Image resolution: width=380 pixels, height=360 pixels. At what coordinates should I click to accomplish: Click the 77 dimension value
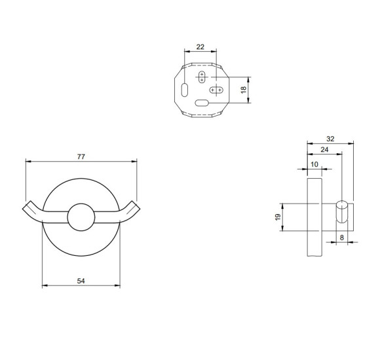click(81, 156)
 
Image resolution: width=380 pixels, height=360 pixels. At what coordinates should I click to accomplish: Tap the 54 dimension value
click(81, 281)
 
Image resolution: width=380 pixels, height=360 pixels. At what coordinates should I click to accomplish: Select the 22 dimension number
click(200, 46)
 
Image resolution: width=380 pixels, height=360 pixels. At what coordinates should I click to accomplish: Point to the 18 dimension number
click(244, 90)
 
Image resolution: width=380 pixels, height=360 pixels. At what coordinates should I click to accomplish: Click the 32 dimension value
click(330, 139)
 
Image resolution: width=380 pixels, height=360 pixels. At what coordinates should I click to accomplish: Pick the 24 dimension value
click(324, 150)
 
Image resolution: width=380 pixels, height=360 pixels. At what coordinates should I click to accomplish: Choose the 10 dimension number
click(314, 164)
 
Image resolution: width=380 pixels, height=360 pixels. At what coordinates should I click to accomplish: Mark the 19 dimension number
click(278, 217)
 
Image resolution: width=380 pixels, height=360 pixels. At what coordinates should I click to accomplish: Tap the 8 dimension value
click(342, 238)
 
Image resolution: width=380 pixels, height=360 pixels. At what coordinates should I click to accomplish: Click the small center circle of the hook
click(81, 217)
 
